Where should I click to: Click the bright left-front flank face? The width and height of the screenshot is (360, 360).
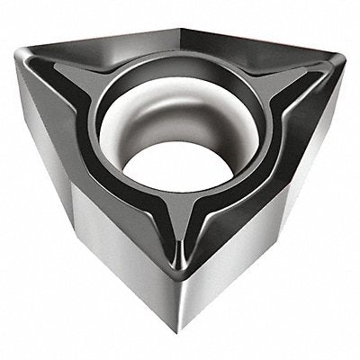[126, 243]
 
